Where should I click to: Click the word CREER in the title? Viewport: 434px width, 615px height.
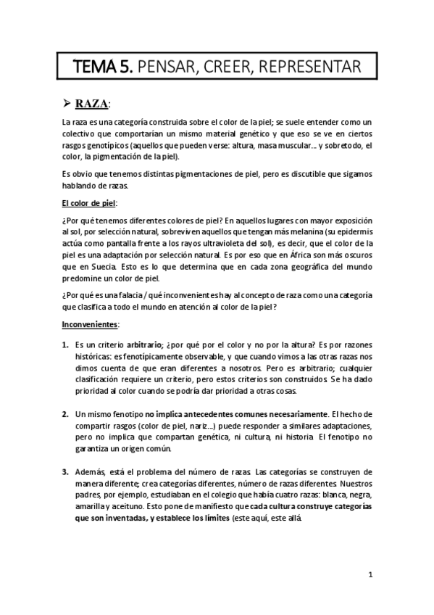[235, 67]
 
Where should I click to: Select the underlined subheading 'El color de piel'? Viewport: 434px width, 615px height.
[88, 203]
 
